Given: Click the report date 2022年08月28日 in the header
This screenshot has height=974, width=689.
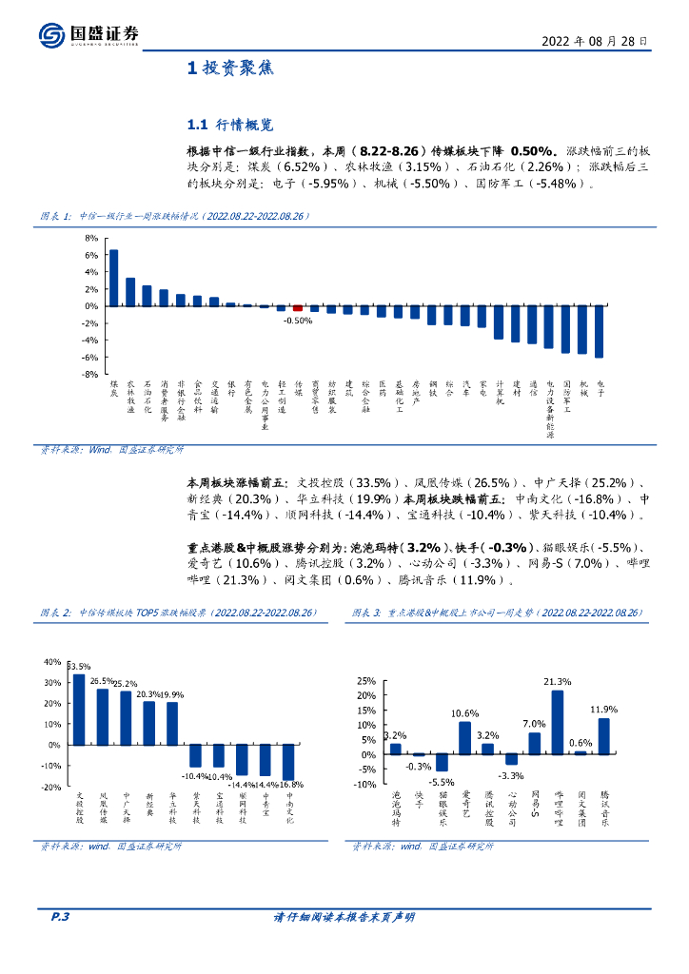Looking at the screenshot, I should [595, 42].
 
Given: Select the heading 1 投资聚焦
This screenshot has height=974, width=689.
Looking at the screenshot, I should [229, 68].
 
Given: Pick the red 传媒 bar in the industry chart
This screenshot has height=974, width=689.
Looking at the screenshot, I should [298, 308].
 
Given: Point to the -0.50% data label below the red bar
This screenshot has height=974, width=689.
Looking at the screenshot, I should [298, 321].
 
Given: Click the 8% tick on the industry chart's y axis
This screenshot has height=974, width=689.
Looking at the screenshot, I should [91, 238].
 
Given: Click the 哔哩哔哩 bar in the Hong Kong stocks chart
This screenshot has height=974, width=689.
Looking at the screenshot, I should [558, 722].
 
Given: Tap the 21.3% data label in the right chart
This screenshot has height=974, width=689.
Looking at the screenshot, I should [558, 682].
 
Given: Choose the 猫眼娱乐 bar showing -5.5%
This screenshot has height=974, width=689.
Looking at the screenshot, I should [442, 763].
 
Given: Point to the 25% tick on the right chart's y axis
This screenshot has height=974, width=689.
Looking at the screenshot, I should [364, 681].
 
